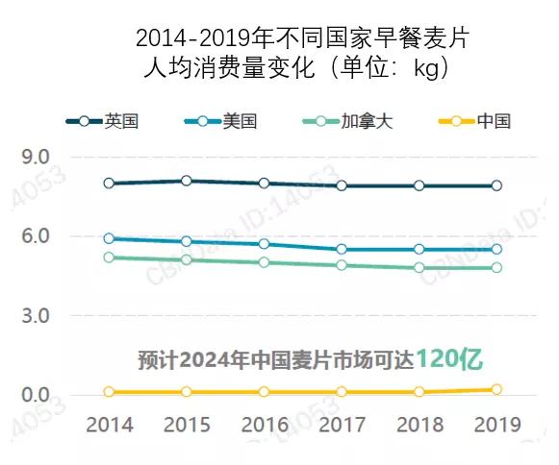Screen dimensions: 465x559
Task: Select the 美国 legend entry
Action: click(x=220, y=121)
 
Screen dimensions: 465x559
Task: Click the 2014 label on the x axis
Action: click(x=110, y=424)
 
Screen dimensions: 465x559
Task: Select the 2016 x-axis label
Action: click(x=265, y=424)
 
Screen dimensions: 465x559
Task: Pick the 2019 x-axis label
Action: click(x=496, y=424)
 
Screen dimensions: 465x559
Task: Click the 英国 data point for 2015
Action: click(x=187, y=181)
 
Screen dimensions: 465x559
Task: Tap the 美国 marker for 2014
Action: click(x=109, y=238)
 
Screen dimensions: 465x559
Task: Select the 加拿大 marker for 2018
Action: click(x=419, y=267)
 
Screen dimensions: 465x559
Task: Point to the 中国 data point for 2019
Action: click(x=496, y=389)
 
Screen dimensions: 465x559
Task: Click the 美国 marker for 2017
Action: click(x=342, y=249)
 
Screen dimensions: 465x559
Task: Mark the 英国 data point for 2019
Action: click(x=496, y=185)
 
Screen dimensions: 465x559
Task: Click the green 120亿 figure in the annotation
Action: click(x=449, y=359)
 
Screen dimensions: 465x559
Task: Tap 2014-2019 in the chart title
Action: click(x=191, y=39)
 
